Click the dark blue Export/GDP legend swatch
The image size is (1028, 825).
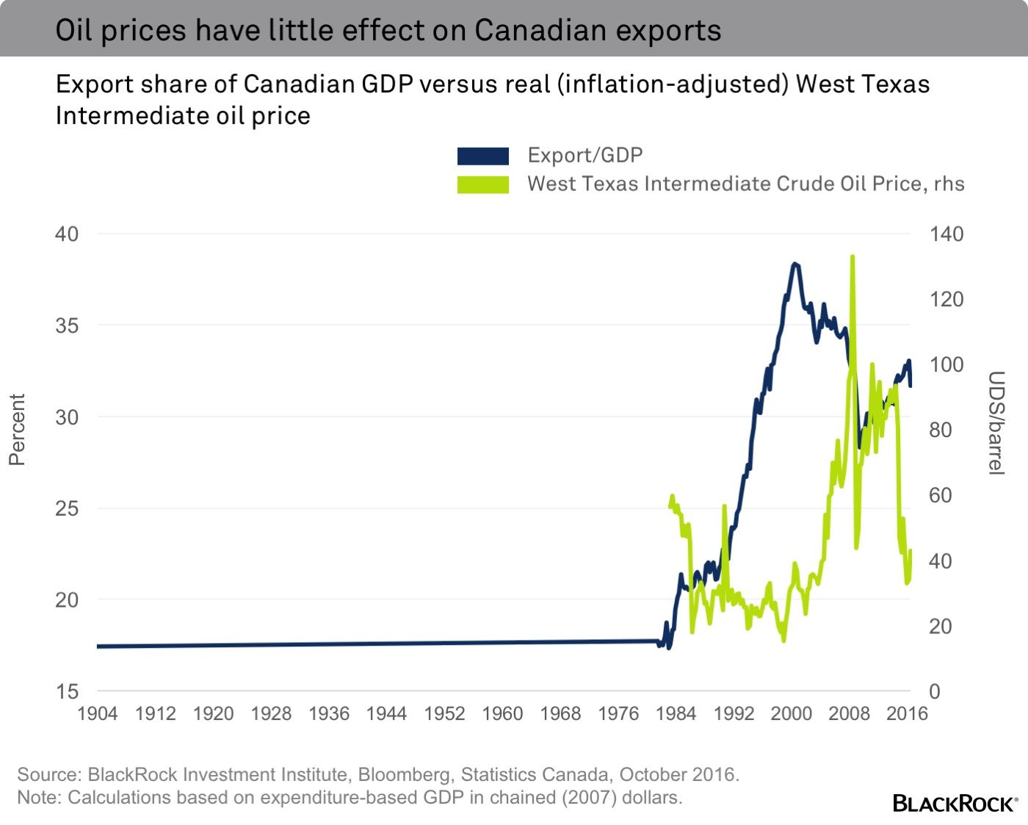(x=482, y=156)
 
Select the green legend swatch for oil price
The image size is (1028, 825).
(x=482, y=184)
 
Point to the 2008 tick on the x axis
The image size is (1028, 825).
(x=849, y=713)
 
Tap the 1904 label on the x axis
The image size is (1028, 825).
(x=97, y=713)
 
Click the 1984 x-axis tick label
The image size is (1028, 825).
(x=676, y=713)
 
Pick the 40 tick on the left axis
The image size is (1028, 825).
(x=67, y=234)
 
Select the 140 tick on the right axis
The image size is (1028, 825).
(x=946, y=234)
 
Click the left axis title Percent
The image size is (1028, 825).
(x=17, y=430)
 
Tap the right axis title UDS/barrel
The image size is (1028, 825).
(x=995, y=422)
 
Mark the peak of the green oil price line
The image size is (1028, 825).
(x=852, y=257)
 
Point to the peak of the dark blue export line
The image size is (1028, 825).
(x=794, y=264)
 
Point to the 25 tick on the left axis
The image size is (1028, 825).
(x=67, y=508)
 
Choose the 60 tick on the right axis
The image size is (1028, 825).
(x=940, y=495)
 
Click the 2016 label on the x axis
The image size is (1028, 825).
(x=907, y=713)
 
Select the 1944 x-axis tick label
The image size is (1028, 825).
(x=386, y=713)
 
